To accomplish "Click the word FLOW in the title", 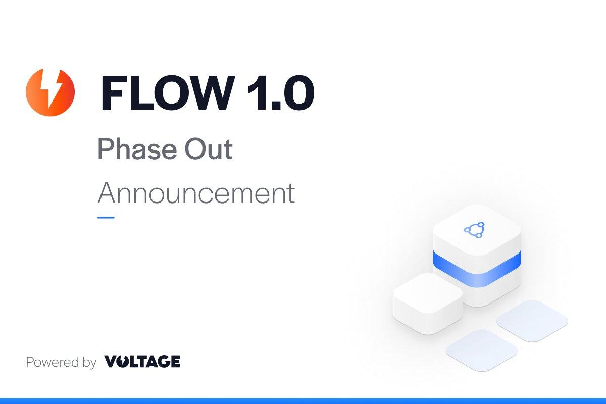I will tap(167, 92).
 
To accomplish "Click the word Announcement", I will tap(196, 193).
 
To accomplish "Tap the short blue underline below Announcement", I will tap(106, 218).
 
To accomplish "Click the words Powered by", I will tap(61, 362).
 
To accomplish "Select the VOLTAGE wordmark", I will tap(142, 362).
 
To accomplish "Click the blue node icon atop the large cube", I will tap(474, 230).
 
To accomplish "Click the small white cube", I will tap(428, 302).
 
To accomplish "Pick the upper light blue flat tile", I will tap(532, 320).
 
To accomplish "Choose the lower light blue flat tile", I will tap(481, 350).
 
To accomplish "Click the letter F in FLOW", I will tap(114, 92).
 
